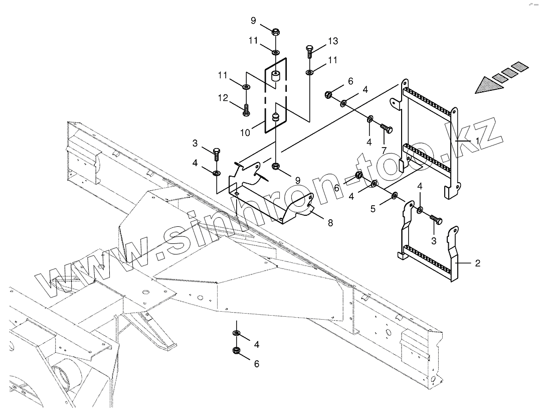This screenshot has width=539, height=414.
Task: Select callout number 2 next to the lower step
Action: pyautogui.click(x=477, y=263)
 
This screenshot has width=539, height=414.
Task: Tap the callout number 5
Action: pyautogui.click(x=373, y=208)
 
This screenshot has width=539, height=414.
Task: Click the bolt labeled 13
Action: pyautogui.click(x=309, y=52)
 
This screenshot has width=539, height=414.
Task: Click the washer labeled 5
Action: pyautogui.click(x=395, y=195)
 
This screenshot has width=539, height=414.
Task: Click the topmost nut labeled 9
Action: pyautogui.click(x=275, y=33)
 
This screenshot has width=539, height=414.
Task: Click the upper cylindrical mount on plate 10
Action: pyautogui.click(x=275, y=77)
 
